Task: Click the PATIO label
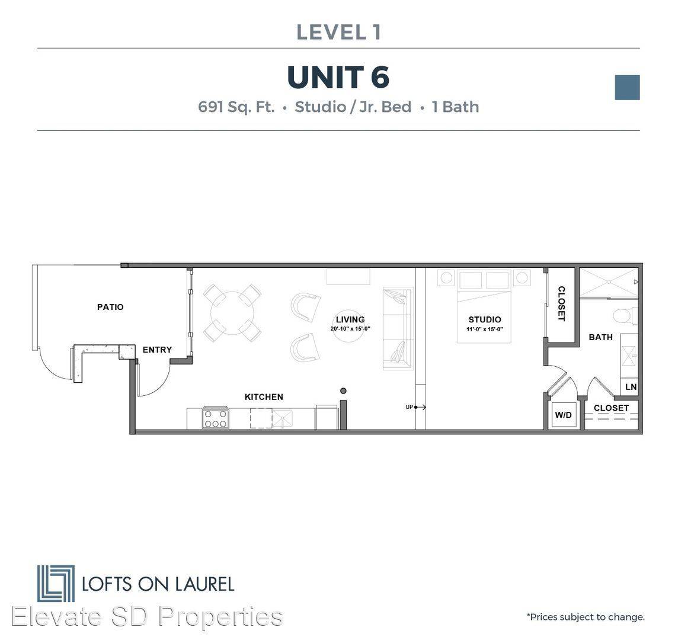[x=110, y=307]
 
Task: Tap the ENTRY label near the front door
[x=158, y=350]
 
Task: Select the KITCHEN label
[x=264, y=397]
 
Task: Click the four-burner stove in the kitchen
[x=215, y=418]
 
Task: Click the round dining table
[x=232, y=313]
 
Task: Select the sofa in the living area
[x=398, y=329]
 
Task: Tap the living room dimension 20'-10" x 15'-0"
[x=350, y=329]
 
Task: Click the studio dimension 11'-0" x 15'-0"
[x=484, y=329]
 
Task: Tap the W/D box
[x=563, y=415]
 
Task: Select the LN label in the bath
[x=631, y=387]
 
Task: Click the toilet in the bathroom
[x=625, y=316]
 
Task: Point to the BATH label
[x=600, y=337]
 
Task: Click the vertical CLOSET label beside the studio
[x=561, y=303]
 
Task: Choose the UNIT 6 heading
[x=338, y=78]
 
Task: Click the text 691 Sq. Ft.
[x=236, y=107]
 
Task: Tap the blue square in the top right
[x=628, y=87]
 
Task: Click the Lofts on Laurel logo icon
[x=56, y=583]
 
